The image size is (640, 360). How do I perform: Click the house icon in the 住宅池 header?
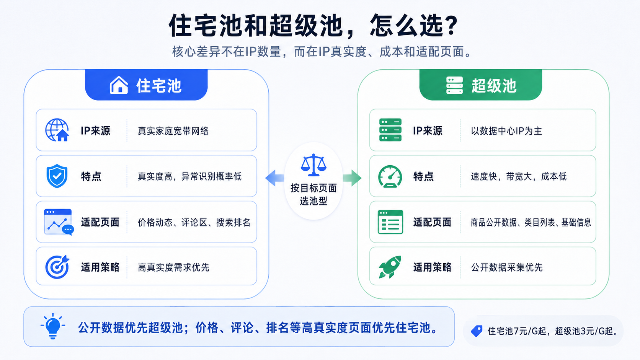(119, 85)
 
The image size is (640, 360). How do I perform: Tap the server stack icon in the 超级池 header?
(454, 85)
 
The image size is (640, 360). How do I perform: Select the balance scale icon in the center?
(313, 165)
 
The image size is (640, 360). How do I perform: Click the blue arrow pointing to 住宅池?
(274, 178)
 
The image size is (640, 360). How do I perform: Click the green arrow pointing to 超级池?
(352, 178)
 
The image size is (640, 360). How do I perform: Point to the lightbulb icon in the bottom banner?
(53, 326)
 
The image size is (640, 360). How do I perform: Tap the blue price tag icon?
(477, 331)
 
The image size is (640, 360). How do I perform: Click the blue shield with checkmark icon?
(57, 176)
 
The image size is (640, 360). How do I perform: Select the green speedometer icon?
(390, 176)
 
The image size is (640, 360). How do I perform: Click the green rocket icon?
(390, 267)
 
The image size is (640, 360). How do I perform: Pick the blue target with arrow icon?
(57, 267)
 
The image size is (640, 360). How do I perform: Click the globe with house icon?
(57, 130)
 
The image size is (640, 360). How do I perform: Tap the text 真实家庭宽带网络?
(173, 131)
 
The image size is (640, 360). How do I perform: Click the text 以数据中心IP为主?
(506, 131)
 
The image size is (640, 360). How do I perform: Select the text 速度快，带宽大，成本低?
(519, 176)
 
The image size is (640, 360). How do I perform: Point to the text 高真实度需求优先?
(173, 267)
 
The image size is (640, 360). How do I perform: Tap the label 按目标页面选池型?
(313, 194)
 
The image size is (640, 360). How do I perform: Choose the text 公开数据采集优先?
(506, 267)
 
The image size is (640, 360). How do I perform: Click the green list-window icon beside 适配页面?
(390, 222)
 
